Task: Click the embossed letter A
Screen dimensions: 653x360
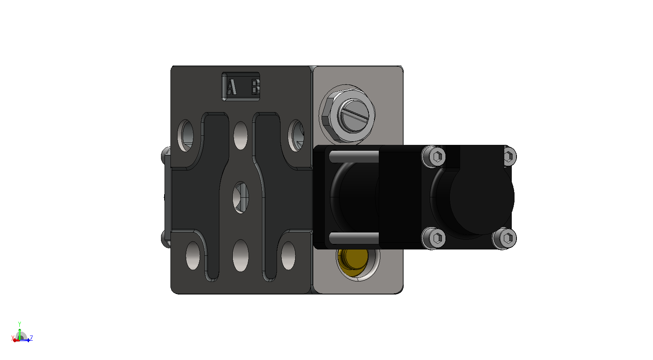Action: tap(232, 87)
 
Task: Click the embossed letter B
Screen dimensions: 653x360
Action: tap(255, 87)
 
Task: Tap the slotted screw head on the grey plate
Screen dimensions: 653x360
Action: tap(354, 115)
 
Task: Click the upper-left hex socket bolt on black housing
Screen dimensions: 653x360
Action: tap(434, 157)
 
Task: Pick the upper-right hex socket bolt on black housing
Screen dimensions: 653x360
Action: tap(509, 156)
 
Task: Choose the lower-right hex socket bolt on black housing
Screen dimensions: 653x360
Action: tap(505, 238)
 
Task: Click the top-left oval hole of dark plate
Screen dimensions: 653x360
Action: tap(186, 135)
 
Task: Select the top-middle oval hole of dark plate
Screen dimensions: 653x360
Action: tap(241, 136)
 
